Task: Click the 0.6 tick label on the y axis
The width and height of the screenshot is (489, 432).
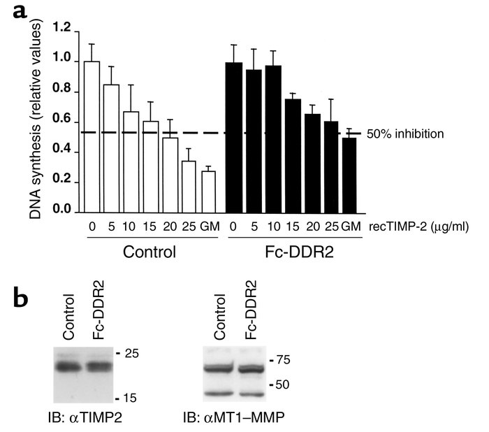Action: [63, 120]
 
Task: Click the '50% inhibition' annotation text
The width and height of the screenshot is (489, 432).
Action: [404, 133]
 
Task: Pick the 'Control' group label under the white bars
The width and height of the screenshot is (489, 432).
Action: [147, 250]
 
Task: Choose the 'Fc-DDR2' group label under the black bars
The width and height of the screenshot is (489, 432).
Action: [292, 250]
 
